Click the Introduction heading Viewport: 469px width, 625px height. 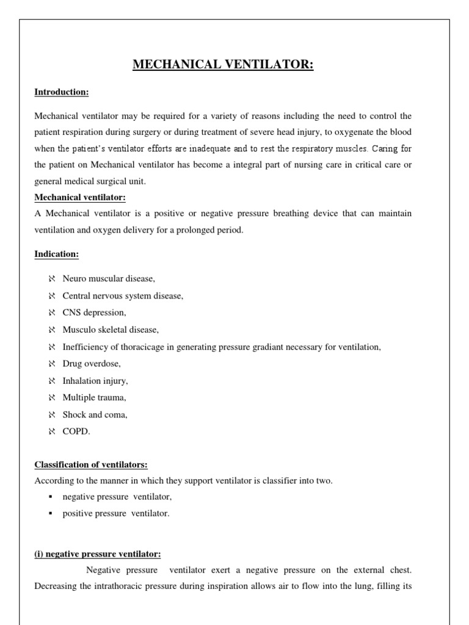(62, 92)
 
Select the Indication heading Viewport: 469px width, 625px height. (56, 253)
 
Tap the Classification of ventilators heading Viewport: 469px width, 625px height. (91, 465)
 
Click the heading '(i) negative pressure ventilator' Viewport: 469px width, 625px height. (98, 554)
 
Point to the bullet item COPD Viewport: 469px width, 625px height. (76, 432)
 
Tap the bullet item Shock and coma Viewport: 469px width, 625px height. (95, 414)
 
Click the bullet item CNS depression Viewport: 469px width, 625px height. (95, 312)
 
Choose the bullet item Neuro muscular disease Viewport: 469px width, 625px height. (109, 279)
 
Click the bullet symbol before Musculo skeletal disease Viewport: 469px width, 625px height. (51, 330)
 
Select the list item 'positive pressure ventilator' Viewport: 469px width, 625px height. (116, 513)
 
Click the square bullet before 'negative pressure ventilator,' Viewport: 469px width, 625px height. (51, 497)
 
